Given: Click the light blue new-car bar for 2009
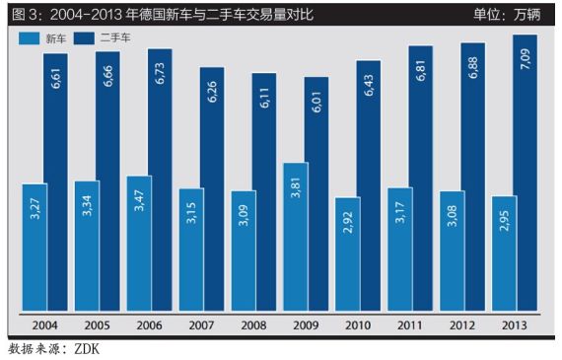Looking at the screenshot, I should click(296, 237).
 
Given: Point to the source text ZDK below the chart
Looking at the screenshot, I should click(87, 349).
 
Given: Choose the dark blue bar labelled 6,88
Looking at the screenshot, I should click(472, 178).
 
